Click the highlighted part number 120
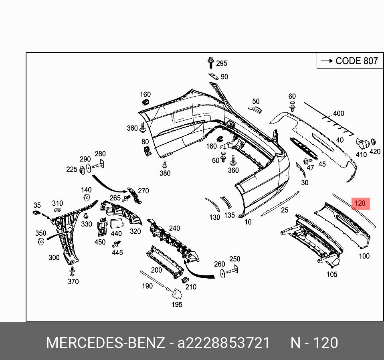pyautogui.click(x=360, y=204)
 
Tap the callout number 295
pyautogui.click(x=221, y=63)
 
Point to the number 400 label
pyautogui.click(x=338, y=113)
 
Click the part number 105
pyautogui.click(x=332, y=274)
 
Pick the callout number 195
pyautogui.click(x=177, y=304)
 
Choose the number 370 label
pyautogui.click(x=73, y=281)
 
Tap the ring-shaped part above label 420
pyautogui.click(x=373, y=142)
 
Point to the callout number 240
pyautogui.click(x=174, y=228)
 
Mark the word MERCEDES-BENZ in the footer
pyautogui.click(x=105, y=343)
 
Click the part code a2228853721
pyautogui.click(x=224, y=343)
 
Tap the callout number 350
pyautogui.click(x=40, y=233)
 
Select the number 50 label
pyautogui.click(x=256, y=101)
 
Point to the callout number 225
pyautogui.click(x=72, y=170)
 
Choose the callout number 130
pyautogui.click(x=215, y=217)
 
